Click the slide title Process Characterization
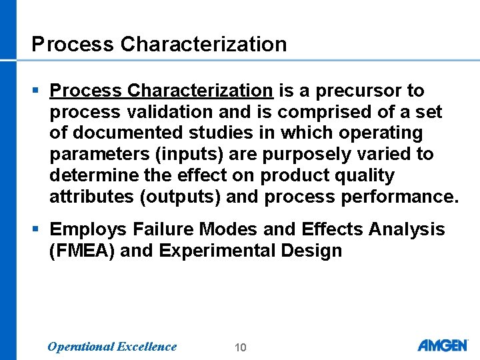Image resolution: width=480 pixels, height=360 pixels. (x=159, y=44)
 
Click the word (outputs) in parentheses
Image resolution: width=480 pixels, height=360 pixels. (x=178, y=197)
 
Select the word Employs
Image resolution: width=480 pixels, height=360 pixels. (x=89, y=229)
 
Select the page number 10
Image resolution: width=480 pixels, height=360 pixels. (x=241, y=347)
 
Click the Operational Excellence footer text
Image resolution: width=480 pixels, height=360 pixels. (x=112, y=346)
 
